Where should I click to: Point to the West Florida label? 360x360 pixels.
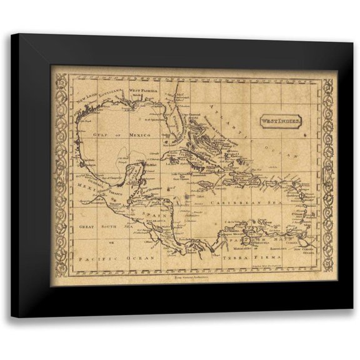pyautogui.click(x=144, y=91)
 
